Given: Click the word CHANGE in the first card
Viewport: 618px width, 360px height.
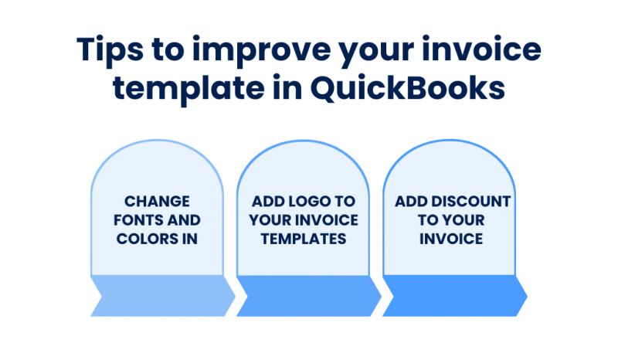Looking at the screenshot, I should coord(157,202).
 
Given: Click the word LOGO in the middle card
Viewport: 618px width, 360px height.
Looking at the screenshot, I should coord(314,202).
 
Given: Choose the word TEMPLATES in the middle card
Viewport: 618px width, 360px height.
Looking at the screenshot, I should coord(304,239).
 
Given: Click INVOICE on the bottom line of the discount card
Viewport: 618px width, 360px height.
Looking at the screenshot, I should coord(452,239).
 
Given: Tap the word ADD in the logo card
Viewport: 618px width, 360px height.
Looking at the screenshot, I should coord(267,202).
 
